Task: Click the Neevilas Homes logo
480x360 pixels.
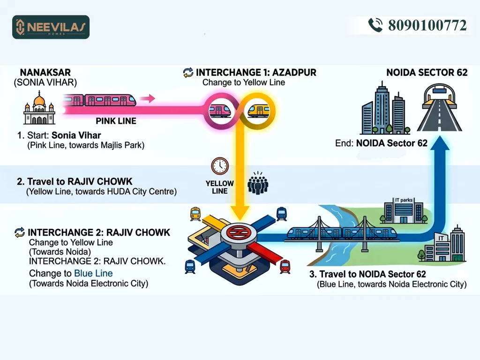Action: (51, 27)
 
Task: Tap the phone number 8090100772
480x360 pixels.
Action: (427, 25)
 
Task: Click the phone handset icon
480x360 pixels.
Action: (375, 25)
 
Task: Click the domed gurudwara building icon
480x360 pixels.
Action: (39, 109)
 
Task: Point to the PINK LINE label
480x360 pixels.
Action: (116, 121)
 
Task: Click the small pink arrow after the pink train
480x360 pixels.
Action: (148, 98)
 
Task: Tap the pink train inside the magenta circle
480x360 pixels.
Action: (219, 111)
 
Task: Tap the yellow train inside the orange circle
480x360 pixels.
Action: (257, 111)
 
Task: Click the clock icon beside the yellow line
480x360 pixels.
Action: (219, 166)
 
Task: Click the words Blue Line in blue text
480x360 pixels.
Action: (93, 273)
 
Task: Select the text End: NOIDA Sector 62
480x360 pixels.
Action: (381, 143)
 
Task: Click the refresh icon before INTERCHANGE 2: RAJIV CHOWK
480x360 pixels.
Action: (20, 232)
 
